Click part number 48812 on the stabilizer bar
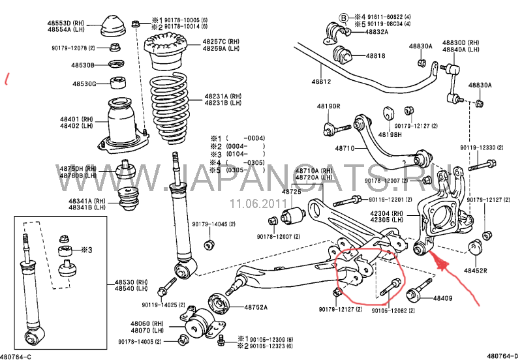[x=321, y=82]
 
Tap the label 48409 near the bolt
[x=443, y=299]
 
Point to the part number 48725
[x=292, y=192]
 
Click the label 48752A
[x=241, y=307]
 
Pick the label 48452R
[x=476, y=269]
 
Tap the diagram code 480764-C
[x=16, y=355]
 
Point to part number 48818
[x=375, y=56]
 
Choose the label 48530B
[x=84, y=65]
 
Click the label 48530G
[x=84, y=84]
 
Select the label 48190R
[x=329, y=106]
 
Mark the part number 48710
[x=345, y=149]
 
